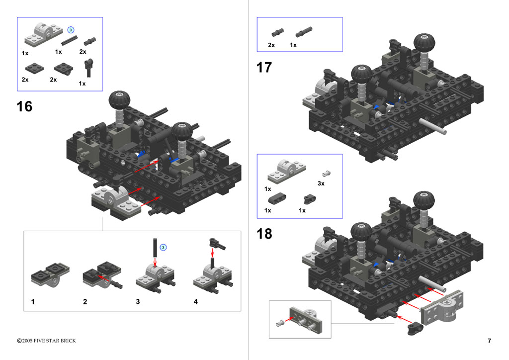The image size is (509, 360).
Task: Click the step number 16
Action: click(24, 106)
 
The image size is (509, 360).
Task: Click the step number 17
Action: click(264, 68)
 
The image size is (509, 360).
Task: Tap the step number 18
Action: click(264, 234)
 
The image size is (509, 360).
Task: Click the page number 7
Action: click(489, 341)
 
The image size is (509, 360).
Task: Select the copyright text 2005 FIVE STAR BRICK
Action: click(49, 341)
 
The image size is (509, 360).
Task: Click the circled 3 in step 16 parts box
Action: click(71, 30)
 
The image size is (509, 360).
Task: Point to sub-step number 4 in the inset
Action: click(195, 301)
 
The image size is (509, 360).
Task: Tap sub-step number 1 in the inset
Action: click(33, 301)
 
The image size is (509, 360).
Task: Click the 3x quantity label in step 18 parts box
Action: click(321, 183)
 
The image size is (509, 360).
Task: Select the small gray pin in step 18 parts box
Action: click(326, 174)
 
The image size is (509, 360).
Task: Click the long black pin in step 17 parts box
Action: click(304, 31)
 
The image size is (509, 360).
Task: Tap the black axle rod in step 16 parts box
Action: click(70, 40)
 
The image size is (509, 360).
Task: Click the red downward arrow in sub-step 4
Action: click(213, 253)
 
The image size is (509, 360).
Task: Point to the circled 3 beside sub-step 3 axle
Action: click(163, 247)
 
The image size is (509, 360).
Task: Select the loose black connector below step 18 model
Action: click(416, 328)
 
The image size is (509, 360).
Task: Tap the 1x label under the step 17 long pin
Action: click(293, 45)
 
